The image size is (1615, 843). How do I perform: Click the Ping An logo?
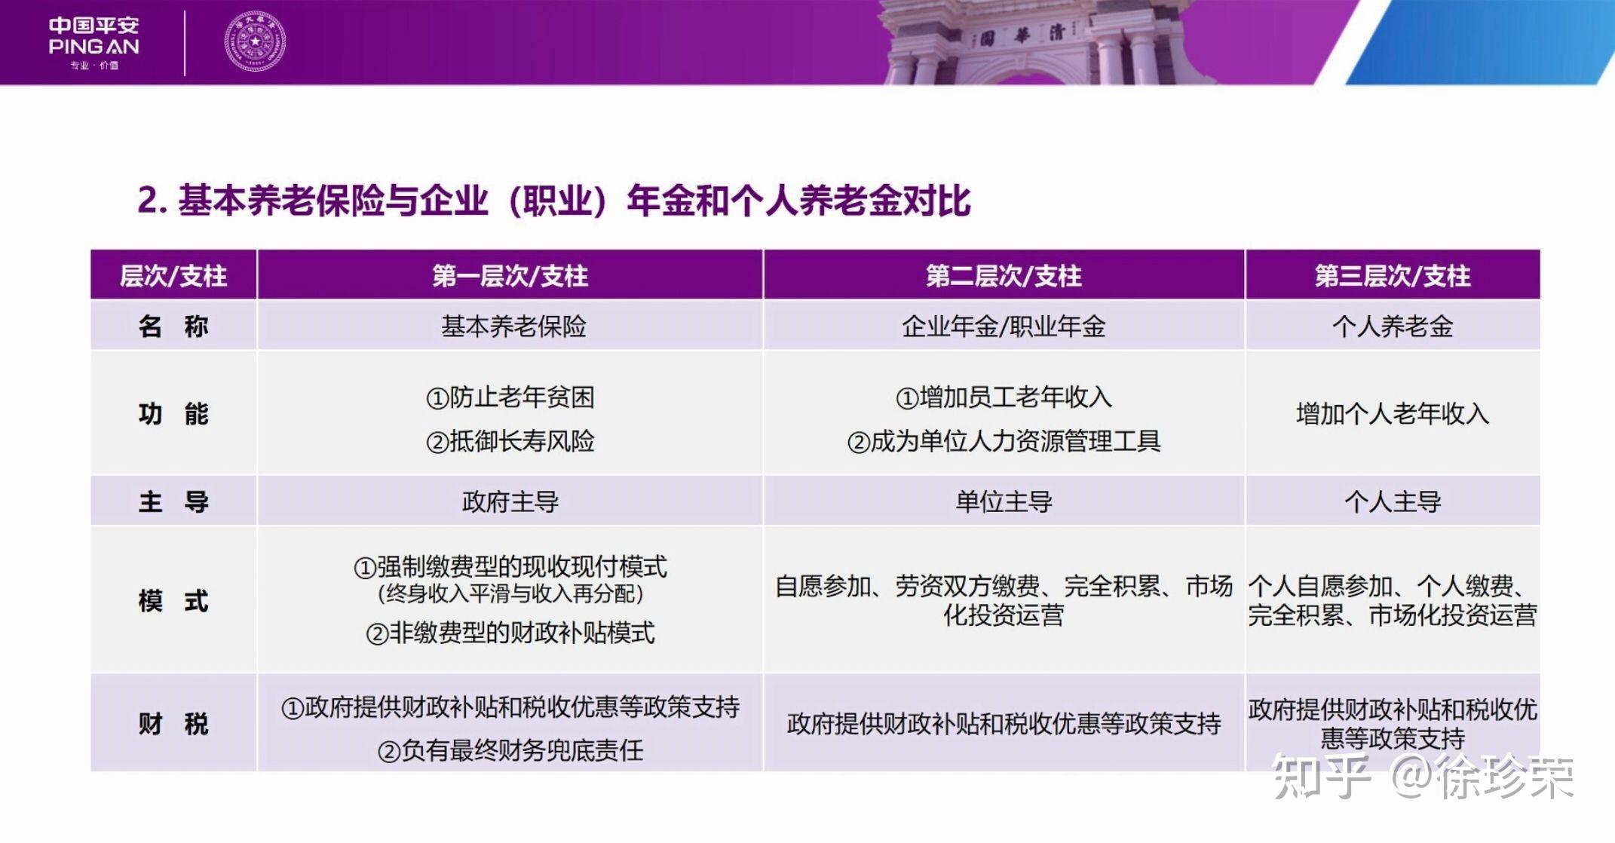click(x=93, y=42)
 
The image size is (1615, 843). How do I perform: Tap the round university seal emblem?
click(x=255, y=42)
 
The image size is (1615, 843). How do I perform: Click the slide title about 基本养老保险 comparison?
click(x=553, y=201)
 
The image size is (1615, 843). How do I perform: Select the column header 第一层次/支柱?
click(x=510, y=276)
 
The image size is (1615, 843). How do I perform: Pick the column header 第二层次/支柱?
click(x=1004, y=276)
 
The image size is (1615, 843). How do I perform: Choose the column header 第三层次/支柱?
click(x=1392, y=276)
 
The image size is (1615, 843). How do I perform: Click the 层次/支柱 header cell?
click(x=173, y=276)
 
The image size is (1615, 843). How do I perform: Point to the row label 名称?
click(x=173, y=326)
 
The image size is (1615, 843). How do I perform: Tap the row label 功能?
click(x=173, y=414)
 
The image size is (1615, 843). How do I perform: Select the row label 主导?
click(x=173, y=501)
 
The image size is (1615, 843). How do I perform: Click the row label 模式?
click(x=173, y=601)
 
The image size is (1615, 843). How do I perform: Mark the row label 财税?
click(x=173, y=724)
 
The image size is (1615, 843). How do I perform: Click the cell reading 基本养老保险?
click(x=513, y=326)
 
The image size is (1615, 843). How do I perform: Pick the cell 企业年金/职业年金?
click(x=1004, y=326)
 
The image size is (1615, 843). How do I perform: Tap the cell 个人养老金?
click(x=1392, y=326)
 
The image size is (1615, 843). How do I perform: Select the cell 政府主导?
click(x=510, y=501)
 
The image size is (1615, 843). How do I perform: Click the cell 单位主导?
click(x=1004, y=501)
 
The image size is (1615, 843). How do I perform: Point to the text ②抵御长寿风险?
click(x=510, y=441)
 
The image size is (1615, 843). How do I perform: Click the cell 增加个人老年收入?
click(x=1392, y=414)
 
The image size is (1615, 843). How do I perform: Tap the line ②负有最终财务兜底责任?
click(x=510, y=750)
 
